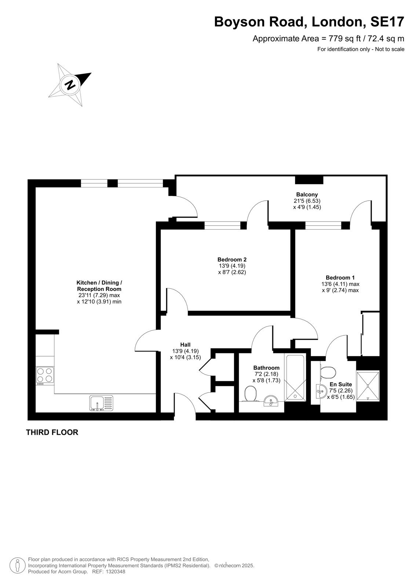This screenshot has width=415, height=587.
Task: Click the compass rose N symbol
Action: (x=70, y=85)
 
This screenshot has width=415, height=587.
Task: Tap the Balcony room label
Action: (x=307, y=194)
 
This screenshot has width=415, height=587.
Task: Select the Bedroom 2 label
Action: (x=232, y=259)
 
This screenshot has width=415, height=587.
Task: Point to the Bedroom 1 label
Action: (x=340, y=277)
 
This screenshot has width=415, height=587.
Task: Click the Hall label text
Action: (x=185, y=344)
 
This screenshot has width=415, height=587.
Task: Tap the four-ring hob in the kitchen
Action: (x=45, y=376)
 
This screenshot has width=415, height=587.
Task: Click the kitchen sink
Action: (x=101, y=403)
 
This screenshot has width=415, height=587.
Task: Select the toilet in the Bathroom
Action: (x=251, y=394)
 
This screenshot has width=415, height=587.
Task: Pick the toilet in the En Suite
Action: (x=328, y=372)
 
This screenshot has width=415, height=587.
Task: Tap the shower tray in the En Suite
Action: (x=368, y=386)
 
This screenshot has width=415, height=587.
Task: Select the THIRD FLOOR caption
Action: (x=52, y=433)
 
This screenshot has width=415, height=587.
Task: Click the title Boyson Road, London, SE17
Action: (x=309, y=22)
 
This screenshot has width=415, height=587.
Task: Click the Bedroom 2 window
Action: (x=222, y=225)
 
